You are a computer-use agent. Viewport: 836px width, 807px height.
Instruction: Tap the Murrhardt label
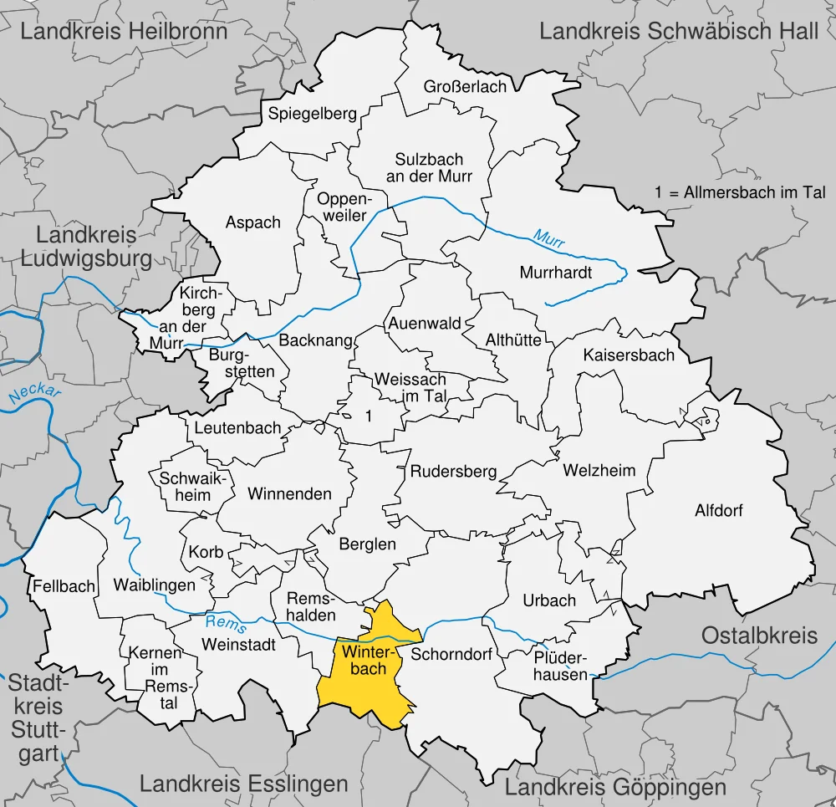[x=555, y=273]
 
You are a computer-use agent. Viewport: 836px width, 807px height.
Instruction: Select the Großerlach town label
[x=465, y=87]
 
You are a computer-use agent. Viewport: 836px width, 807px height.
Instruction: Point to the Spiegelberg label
[x=312, y=114]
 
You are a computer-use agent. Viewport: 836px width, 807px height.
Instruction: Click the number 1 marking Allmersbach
[x=368, y=416]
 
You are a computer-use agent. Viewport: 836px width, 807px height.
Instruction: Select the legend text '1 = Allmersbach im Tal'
[x=740, y=192]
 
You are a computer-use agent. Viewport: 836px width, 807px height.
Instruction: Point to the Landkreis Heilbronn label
[x=124, y=32]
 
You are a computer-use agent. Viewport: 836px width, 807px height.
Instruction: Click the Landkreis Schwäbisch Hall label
[x=679, y=32]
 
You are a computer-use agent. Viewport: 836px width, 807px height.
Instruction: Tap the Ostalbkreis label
[x=759, y=635]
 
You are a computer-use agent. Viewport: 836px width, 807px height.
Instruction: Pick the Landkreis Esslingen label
[x=243, y=784]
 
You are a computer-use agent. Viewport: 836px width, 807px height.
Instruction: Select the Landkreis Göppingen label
[x=615, y=787]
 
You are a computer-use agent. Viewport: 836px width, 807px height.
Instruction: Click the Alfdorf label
[x=718, y=510]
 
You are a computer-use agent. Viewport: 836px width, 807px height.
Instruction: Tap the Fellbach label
[x=64, y=586]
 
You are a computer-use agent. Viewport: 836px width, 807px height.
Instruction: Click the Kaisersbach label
[x=629, y=355]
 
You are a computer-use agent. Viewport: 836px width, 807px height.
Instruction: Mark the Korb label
[x=206, y=553]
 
